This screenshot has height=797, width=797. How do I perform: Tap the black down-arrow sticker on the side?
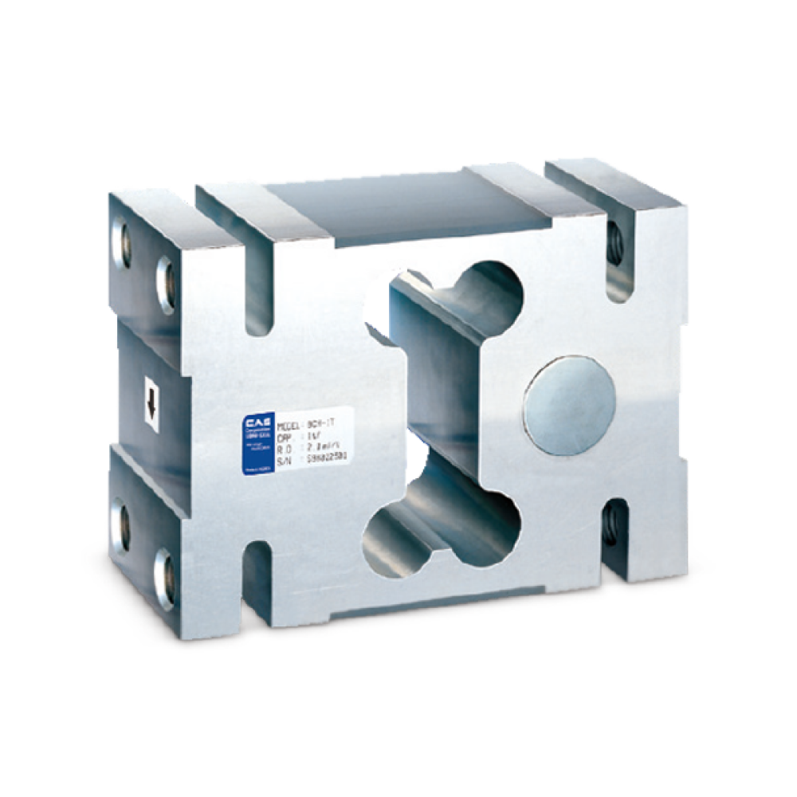[x=150, y=402]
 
